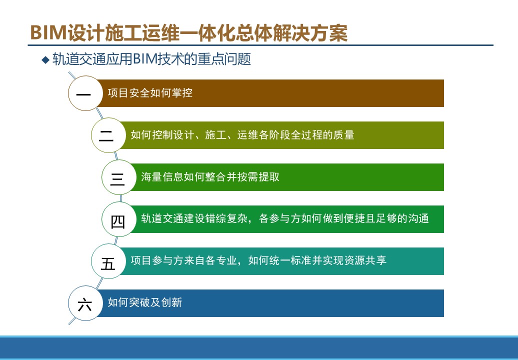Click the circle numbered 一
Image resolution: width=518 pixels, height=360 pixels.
click(85, 93)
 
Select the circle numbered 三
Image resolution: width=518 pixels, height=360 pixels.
click(119, 177)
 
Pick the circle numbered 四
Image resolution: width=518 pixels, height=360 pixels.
click(119, 219)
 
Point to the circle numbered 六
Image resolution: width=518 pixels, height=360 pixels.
click(85, 303)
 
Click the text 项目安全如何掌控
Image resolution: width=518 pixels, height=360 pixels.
click(150, 93)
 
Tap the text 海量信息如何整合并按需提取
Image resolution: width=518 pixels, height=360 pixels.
click(210, 176)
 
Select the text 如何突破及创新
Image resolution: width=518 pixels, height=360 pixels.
click(144, 302)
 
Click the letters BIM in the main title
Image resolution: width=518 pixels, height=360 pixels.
click(48, 32)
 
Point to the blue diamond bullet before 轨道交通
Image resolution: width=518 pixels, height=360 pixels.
click(45, 60)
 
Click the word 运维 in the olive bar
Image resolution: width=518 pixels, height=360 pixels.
click(247, 135)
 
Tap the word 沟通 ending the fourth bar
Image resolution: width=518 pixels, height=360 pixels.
click(418, 218)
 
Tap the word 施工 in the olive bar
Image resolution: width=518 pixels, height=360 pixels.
click(215, 135)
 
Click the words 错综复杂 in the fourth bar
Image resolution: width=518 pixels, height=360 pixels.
click(226, 218)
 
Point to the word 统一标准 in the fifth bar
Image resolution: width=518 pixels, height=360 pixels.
click(290, 260)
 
